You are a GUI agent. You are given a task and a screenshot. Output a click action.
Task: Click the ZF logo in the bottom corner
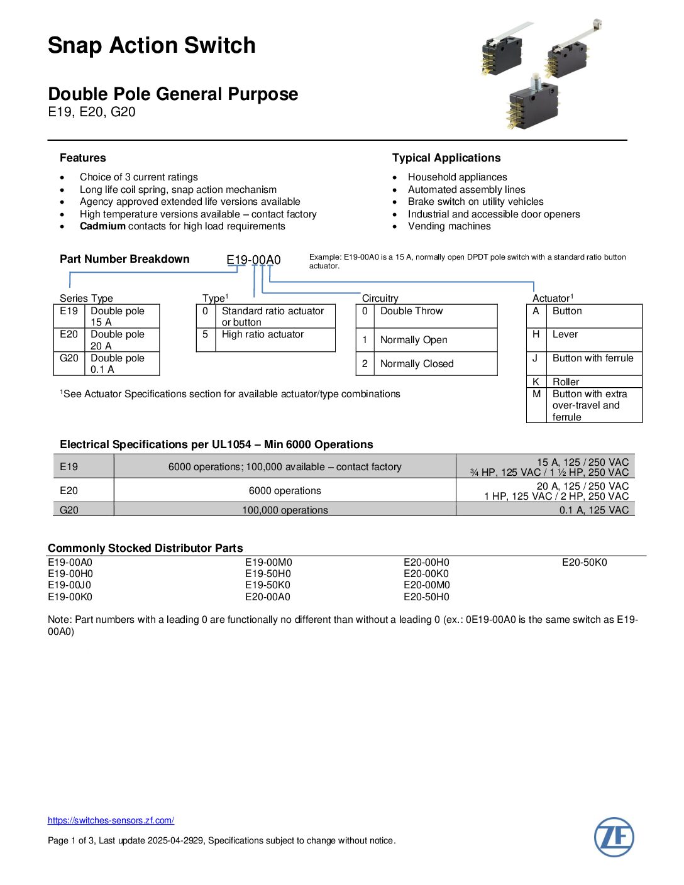614,837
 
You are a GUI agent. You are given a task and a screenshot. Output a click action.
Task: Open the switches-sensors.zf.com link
111,820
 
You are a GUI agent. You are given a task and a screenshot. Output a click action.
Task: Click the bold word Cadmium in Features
102,226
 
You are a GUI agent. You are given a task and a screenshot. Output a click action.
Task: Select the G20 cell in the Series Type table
69,358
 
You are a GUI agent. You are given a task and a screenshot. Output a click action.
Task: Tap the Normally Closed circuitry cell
416,364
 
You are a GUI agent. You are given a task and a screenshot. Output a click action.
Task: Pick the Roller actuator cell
566,382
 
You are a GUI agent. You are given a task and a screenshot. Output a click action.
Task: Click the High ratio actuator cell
263,334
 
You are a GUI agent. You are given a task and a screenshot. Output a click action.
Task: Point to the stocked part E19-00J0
70,585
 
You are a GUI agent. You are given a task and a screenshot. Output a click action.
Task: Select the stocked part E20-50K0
584,563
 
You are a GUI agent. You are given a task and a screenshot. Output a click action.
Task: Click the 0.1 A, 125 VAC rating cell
593,510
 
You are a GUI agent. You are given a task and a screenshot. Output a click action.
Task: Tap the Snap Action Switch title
152,45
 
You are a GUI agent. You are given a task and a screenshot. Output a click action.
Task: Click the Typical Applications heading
446,158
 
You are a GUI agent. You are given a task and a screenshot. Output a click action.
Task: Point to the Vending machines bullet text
449,226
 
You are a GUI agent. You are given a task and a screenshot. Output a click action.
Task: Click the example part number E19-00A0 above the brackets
253,260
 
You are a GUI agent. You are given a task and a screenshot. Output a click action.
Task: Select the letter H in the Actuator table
536,334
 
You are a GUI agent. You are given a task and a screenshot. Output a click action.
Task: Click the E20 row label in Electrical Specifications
69,490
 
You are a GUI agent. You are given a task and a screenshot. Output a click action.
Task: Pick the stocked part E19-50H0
268,574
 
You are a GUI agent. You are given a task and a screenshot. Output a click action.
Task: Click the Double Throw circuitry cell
411,311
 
